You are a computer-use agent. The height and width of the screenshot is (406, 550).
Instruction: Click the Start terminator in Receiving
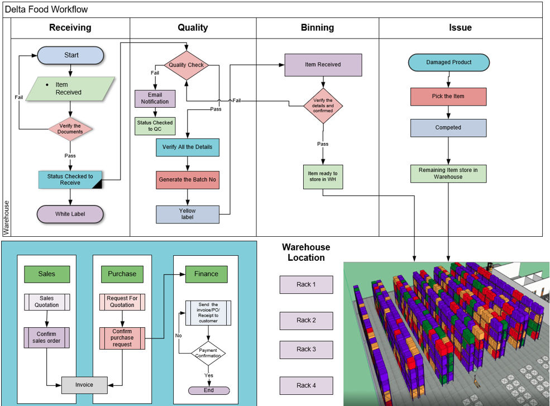tap(71, 55)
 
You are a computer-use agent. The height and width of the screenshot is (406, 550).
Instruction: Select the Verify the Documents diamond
tap(70, 128)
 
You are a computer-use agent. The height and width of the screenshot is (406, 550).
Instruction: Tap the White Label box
tap(70, 214)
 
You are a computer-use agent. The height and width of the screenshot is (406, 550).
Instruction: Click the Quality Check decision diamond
tap(186, 65)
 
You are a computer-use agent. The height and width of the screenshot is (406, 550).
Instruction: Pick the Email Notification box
tap(155, 98)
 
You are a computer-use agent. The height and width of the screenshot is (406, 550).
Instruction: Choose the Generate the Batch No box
tap(188, 179)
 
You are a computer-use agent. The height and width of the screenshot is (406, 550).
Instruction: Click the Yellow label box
tap(188, 214)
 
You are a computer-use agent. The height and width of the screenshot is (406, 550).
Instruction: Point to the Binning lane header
tap(317, 27)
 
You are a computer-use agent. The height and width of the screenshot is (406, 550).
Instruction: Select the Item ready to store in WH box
tap(323, 176)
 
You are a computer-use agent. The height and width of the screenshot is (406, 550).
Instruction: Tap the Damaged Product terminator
tap(448, 63)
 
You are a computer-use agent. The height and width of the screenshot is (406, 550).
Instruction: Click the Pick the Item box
tap(448, 96)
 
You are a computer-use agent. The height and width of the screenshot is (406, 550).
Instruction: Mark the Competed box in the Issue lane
tap(448, 127)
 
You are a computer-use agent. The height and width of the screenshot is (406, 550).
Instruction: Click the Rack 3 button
tap(306, 350)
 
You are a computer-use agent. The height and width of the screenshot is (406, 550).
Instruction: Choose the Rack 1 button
tap(306, 285)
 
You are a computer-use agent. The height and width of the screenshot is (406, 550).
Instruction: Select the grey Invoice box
tap(84, 385)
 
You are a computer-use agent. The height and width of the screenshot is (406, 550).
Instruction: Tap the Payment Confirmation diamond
tap(208, 354)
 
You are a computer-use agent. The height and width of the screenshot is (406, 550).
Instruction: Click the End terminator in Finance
tap(208, 390)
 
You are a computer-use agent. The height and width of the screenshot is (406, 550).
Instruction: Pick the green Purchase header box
tap(122, 274)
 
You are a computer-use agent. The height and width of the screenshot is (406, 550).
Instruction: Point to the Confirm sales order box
tap(46, 337)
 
